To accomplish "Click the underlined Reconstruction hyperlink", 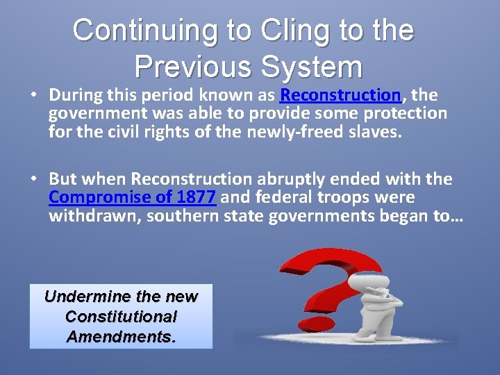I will (340, 94).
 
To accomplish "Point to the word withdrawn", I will (85, 216).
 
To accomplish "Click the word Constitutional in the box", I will (121, 317).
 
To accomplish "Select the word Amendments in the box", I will (119, 337).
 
